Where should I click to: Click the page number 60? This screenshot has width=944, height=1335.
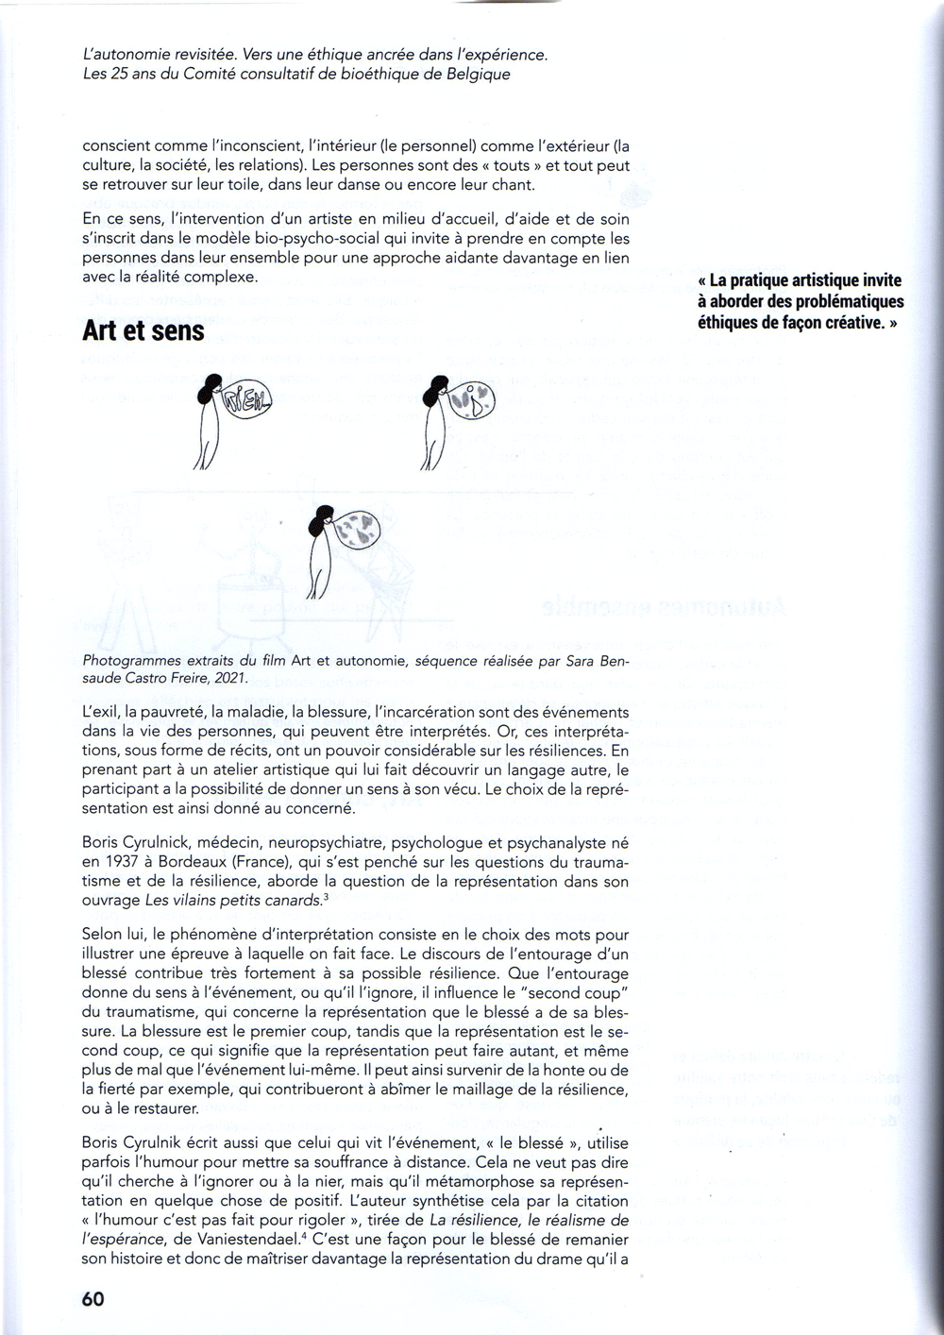point(93,1298)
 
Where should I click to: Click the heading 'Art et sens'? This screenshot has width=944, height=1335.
point(143,331)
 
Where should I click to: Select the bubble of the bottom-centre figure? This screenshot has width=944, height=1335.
point(359,529)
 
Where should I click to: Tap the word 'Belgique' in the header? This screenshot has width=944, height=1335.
point(478,74)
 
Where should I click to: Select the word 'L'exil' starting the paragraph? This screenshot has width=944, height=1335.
point(101,712)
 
